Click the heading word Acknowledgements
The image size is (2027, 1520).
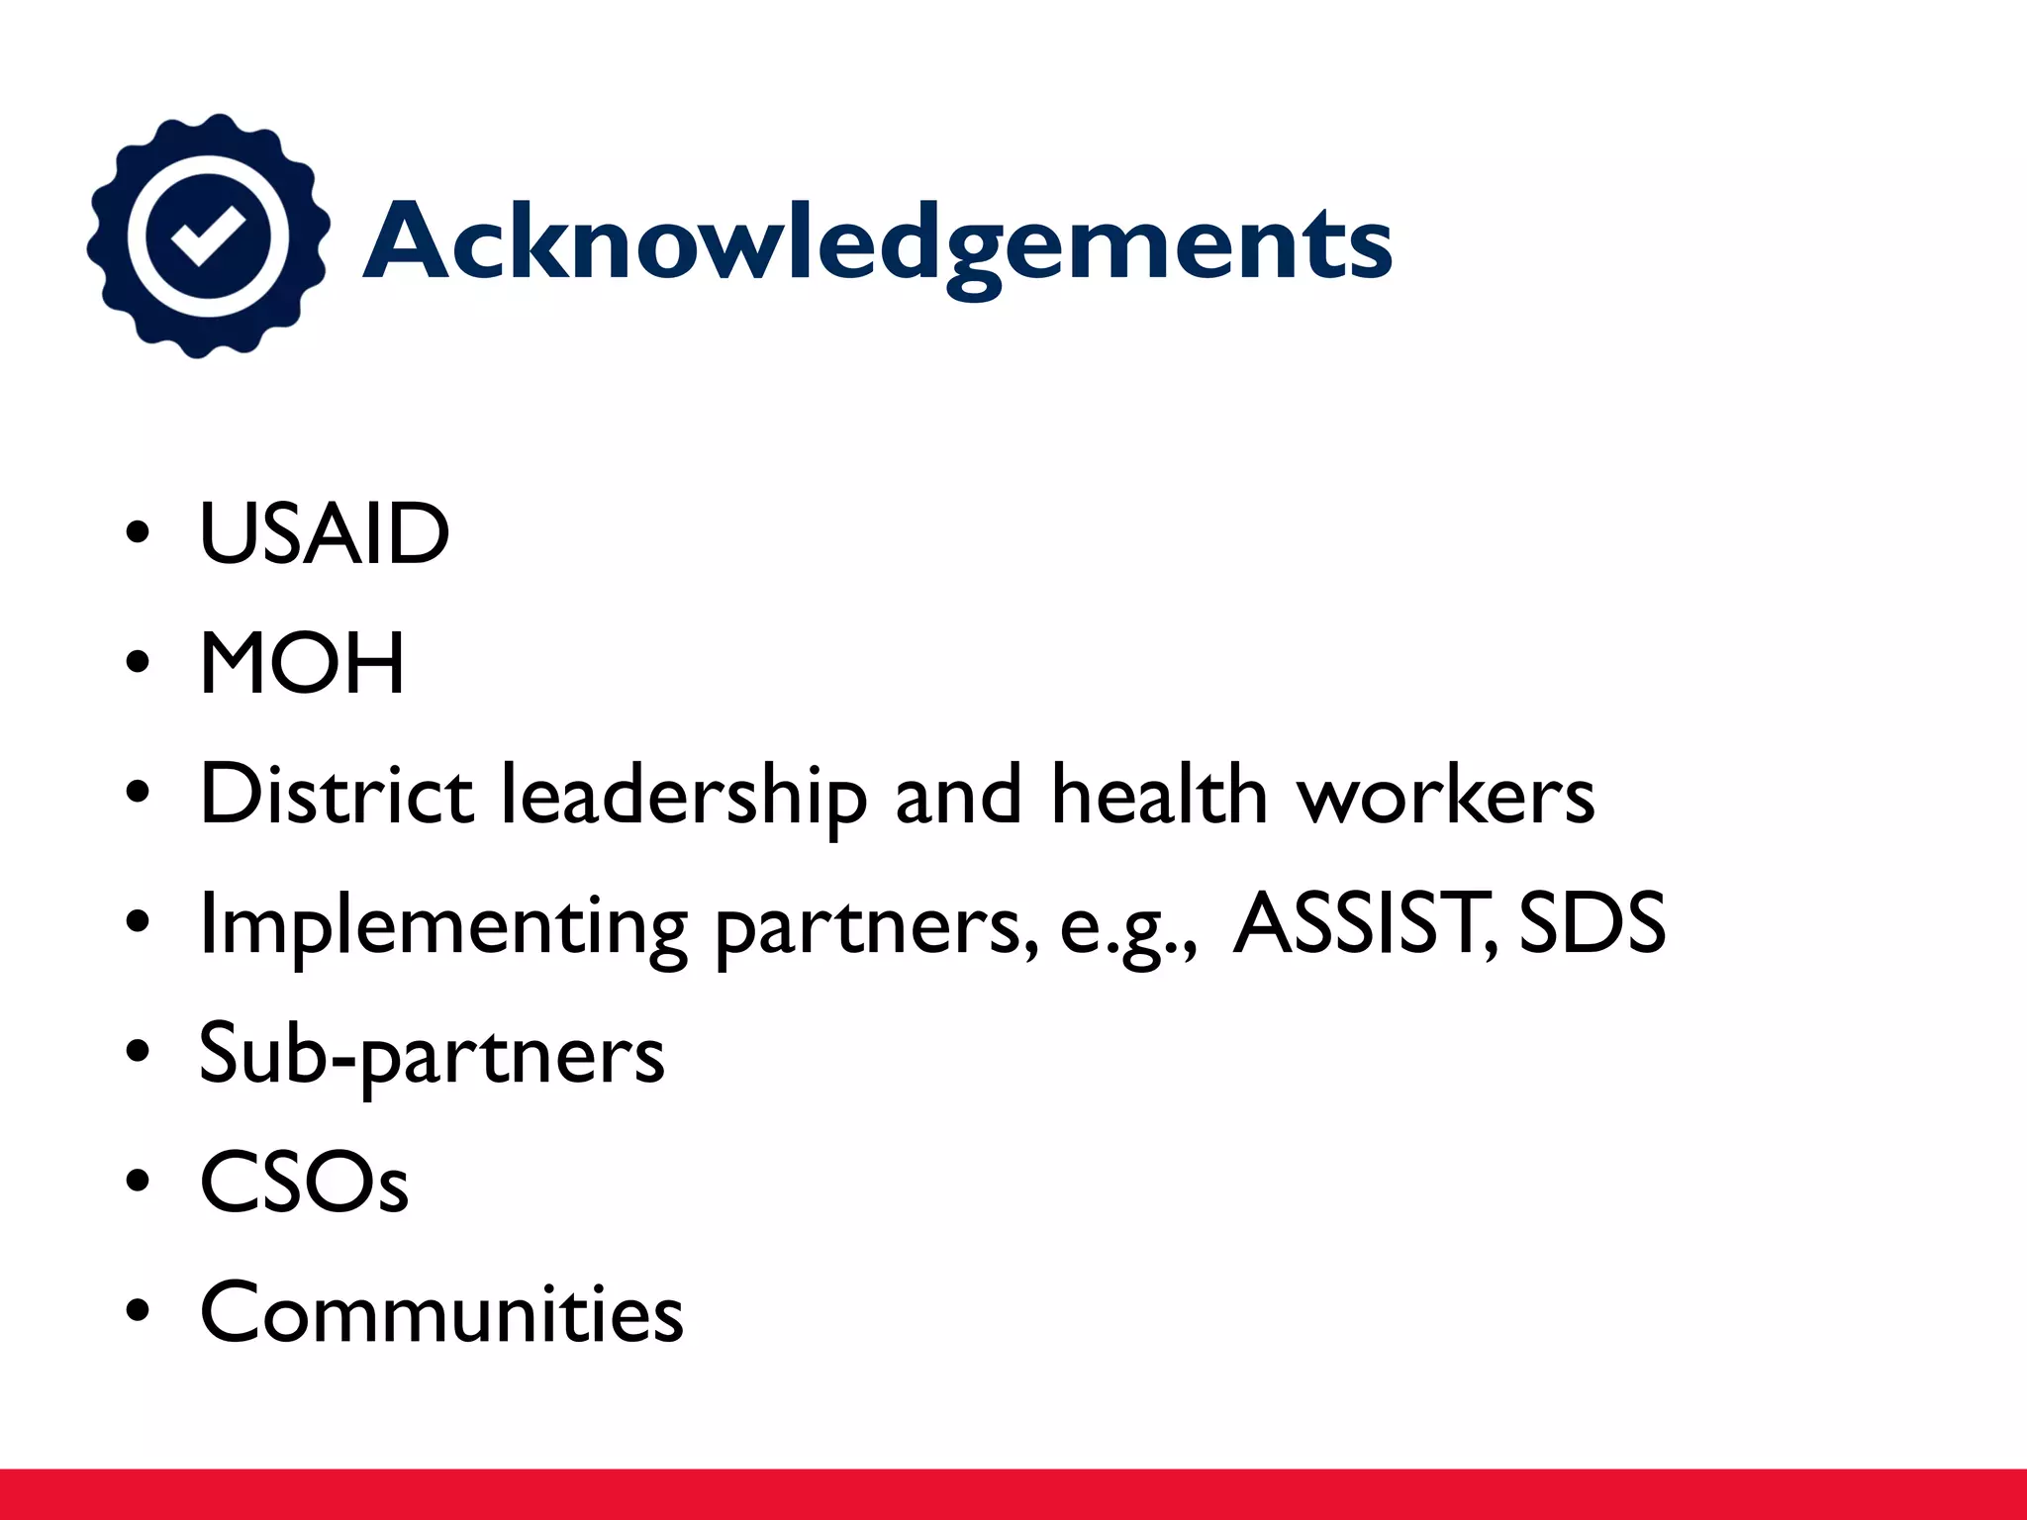pos(877,242)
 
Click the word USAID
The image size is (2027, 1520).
pos(325,534)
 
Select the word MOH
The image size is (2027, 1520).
pos(302,664)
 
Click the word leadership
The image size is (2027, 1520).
pos(684,797)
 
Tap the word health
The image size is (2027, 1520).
pos(1159,794)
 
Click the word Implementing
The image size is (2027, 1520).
pos(443,926)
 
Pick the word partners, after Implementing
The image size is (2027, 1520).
pos(877,928)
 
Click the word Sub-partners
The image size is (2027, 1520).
pos(432,1055)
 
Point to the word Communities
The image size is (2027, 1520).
pos(441,1312)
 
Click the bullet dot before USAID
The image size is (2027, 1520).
pos(138,535)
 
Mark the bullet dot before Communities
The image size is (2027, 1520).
pos(138,1311)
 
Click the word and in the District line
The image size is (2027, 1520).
pos(957,795)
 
